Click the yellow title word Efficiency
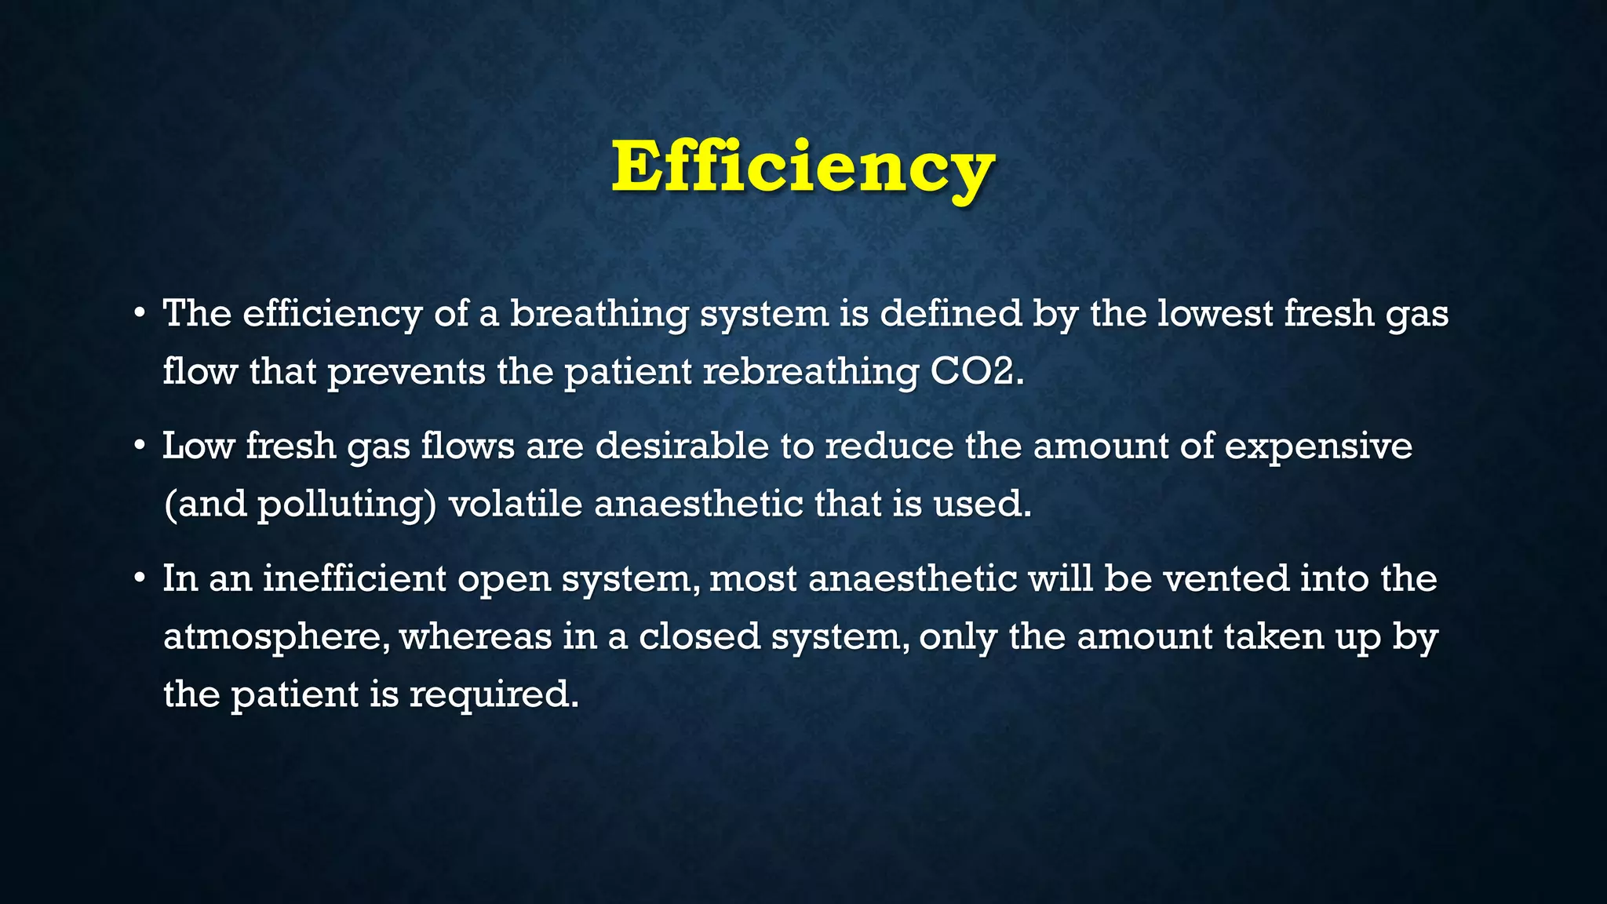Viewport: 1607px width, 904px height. tap(803, 167)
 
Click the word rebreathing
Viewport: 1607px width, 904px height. tap(810, 372)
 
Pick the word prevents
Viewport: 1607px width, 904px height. tap(406, 372)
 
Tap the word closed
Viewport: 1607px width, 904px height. tap(699, 636)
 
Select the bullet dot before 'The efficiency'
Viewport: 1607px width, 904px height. tap(139, 314)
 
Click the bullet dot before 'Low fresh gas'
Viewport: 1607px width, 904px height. tap(139, 447)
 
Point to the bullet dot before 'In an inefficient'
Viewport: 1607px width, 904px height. tap(139, 579)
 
